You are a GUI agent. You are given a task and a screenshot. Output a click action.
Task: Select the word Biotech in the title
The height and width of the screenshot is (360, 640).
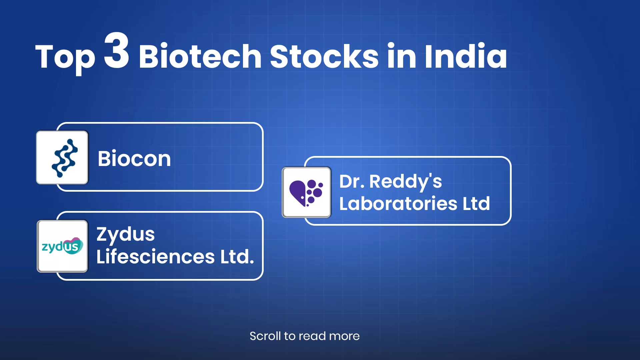tap(200, 56)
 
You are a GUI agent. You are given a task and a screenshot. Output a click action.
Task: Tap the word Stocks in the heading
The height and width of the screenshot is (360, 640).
tap(324, 56)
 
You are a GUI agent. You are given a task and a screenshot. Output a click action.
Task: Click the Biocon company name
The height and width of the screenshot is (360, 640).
tap(134, 158)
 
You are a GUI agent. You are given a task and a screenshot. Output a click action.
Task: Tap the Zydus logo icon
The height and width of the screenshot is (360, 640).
tap(62, 246)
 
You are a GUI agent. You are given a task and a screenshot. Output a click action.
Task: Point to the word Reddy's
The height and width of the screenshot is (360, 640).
tap(406, 182)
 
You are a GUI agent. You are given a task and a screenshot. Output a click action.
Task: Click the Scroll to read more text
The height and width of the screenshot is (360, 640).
tap(305, 336)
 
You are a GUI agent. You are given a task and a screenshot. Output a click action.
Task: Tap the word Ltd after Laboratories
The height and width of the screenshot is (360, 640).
tap(476, 203)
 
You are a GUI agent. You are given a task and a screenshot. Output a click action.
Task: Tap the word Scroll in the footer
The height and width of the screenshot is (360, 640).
tap(265, 336)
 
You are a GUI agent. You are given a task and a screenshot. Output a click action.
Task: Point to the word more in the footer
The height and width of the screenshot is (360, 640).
tap(344, 336)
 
